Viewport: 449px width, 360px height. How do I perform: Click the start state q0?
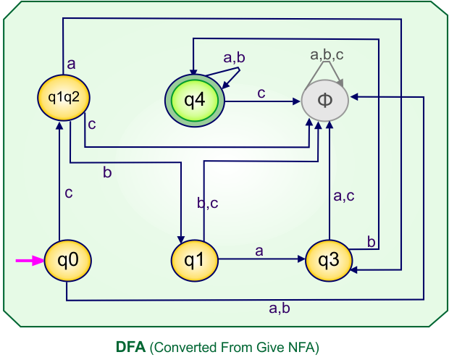(67, 260)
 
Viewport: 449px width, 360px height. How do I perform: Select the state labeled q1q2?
(62, 95)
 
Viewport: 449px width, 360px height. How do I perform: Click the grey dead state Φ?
(325, 100)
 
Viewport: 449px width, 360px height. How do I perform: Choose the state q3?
(328, 260)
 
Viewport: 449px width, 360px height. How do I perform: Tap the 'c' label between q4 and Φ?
(261, 93)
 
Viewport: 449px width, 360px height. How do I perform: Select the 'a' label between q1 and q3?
(259, 250)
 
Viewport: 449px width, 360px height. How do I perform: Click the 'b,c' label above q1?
(208, 204)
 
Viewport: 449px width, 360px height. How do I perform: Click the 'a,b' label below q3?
(280, 309)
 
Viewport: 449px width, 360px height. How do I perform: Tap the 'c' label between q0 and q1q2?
(69, 193)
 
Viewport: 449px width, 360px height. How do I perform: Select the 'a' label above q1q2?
(71, 64)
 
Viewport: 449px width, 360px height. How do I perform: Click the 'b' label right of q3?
(372, 242)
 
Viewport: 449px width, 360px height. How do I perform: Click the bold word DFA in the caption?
(130, 347)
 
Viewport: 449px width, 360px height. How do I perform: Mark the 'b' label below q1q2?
(107, 172)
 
